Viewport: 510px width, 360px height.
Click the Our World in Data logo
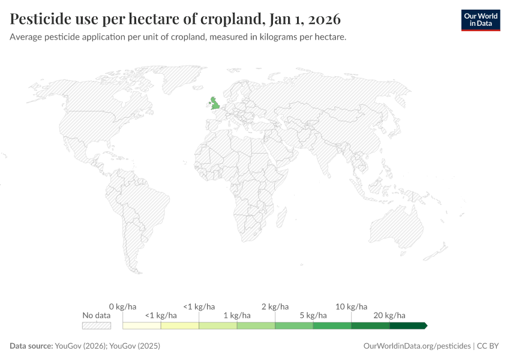480,20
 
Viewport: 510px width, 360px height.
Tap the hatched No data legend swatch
96,325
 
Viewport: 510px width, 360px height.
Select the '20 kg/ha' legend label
389,316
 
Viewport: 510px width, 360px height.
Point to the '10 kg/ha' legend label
351,307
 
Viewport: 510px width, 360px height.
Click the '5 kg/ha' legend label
313,316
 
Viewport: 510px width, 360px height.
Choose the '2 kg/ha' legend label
275,307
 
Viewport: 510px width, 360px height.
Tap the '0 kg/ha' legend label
123,307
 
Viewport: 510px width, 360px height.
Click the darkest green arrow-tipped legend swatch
408,325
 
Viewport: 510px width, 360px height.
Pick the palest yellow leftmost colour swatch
142,325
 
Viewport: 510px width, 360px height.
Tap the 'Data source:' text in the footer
31,346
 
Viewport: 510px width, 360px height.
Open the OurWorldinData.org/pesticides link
417,346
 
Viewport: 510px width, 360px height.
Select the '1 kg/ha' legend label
237,316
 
